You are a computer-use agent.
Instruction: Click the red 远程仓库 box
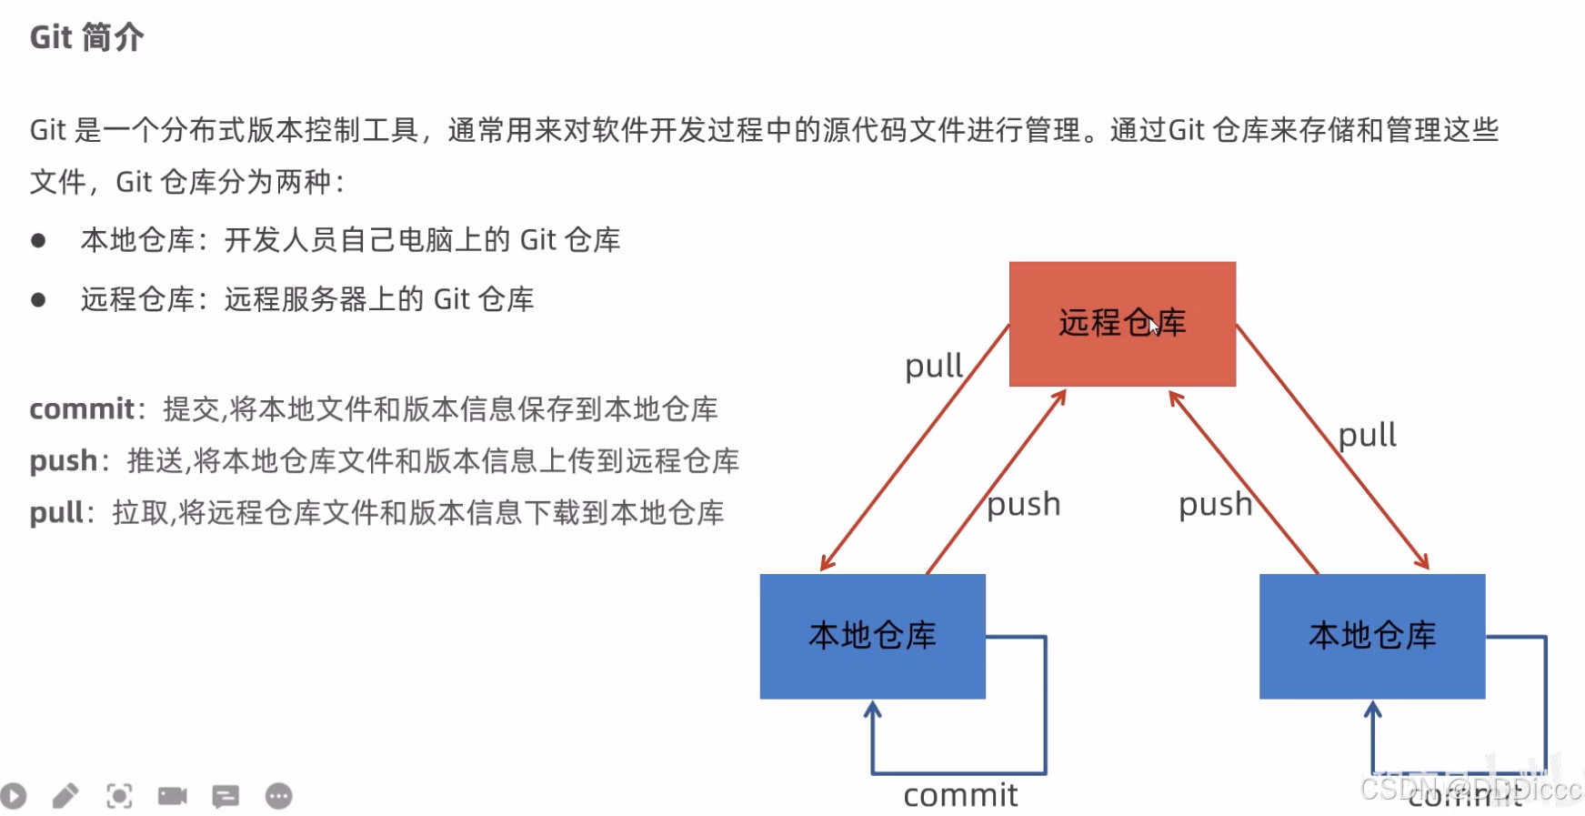[x=1122, y=324]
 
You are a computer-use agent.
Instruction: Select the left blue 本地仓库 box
[x=872, y=636]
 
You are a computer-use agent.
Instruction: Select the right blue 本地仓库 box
[x=1371, y=636]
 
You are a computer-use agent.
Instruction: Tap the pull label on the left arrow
[x=933, y=367]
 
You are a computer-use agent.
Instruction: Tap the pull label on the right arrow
[x=1367, y=435]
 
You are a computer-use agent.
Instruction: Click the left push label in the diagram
[x=1024, y=504]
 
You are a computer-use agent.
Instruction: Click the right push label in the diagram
[x=1215, y=504]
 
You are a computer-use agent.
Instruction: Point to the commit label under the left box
[x=960, y=796]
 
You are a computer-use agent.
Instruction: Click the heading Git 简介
[x=86, y=37]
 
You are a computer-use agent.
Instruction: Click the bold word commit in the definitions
[x=82, y=409]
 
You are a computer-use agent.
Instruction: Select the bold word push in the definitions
[x=63, y=461]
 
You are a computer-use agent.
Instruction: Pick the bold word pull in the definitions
[x=57, y=513]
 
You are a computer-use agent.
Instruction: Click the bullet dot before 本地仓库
[x=38, y=241]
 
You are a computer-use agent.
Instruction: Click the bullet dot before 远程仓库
[x=38, y=300]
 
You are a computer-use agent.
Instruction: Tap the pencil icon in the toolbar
[x=65, y=797]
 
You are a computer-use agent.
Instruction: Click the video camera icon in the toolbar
[x=172, y=797]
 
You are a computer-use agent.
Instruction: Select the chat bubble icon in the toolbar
[x=226, y=797]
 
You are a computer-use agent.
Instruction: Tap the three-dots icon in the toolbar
[x=279, y=797]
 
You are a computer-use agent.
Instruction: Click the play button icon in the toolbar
[x=14, y=797]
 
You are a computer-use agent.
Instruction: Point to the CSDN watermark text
[x=1470, y=789]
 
